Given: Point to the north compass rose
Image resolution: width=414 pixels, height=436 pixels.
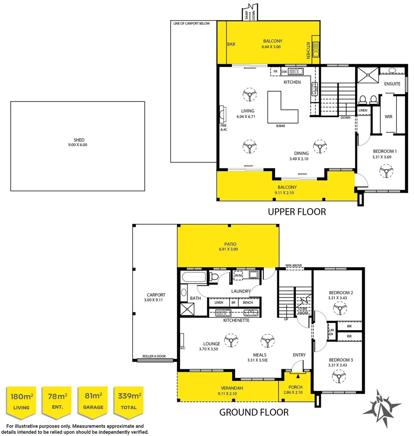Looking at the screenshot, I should pos(381,408).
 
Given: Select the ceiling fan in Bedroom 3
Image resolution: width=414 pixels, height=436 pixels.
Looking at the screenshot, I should pos(338,377).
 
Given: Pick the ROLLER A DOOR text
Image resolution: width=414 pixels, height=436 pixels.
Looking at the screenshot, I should pos(153,357).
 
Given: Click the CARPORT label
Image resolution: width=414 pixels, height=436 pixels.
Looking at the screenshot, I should pos(156,295).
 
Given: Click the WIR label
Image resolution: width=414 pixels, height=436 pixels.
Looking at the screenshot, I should pos(389,117).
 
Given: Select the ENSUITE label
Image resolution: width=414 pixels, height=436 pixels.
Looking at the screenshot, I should pos(392,84).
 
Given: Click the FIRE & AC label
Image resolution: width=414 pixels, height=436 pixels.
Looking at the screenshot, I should pos(224,127).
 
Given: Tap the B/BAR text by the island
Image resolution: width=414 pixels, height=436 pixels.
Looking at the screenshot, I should pos(280,126).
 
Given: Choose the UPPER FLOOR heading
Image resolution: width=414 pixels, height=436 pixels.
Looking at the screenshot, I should pos(297,212).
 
